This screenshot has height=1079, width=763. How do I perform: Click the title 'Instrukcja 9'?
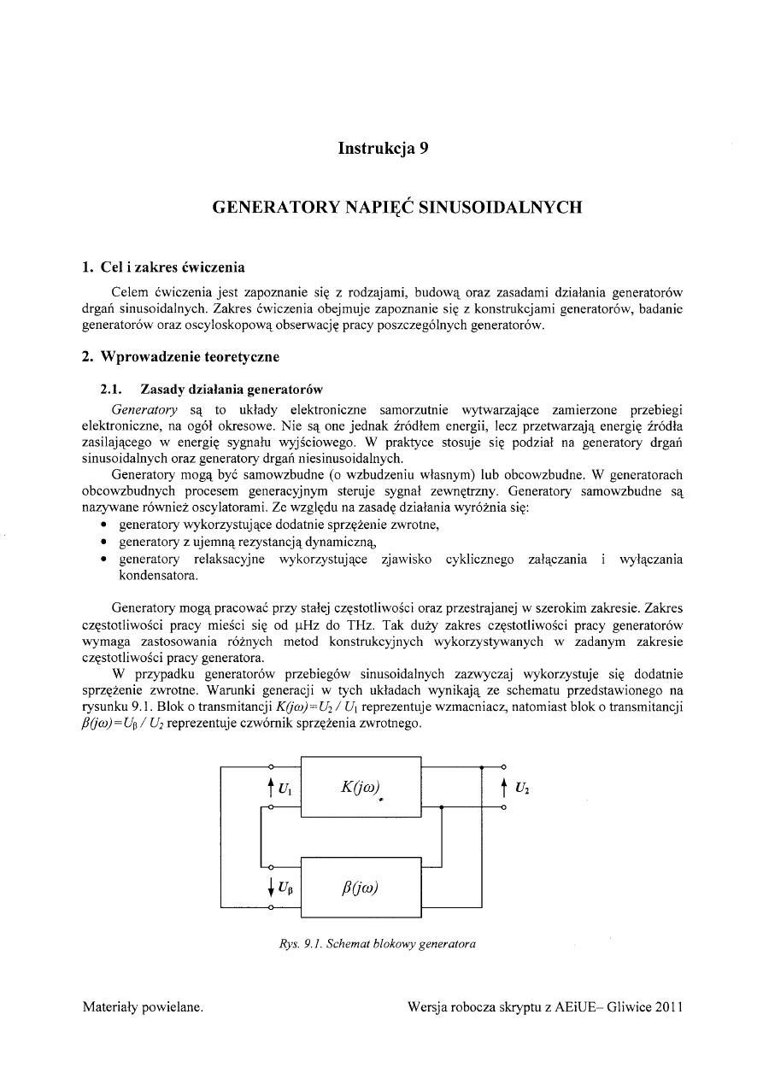pos(382,149)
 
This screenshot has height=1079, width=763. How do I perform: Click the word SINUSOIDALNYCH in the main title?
pos(494,207)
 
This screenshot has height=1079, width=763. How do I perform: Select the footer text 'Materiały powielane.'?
pos(142,1007)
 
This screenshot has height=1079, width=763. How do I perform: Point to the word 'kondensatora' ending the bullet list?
pos(158,575)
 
